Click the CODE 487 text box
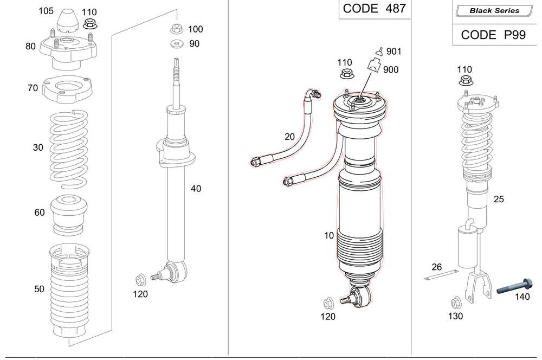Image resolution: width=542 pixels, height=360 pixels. coord(375,9)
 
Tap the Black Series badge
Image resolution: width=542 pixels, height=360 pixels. coord(494,10)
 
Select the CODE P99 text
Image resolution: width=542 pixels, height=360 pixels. coord(494,35)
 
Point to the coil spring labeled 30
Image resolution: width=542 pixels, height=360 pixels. coord(68,147)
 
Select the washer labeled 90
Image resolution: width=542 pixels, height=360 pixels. coord(175,44)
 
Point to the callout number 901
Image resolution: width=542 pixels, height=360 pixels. coord(394,52)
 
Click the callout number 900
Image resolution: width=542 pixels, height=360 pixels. coord(391,70)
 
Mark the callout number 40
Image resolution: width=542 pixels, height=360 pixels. coord(196,189)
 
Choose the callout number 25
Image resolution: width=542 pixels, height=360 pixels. coord(498,200)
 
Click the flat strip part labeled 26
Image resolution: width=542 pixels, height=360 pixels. coord(437,278)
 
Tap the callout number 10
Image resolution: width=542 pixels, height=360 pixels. coord(329,235)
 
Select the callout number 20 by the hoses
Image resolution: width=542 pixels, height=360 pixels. coord(290,137)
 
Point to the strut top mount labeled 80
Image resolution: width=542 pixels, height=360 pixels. coord(67,50)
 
